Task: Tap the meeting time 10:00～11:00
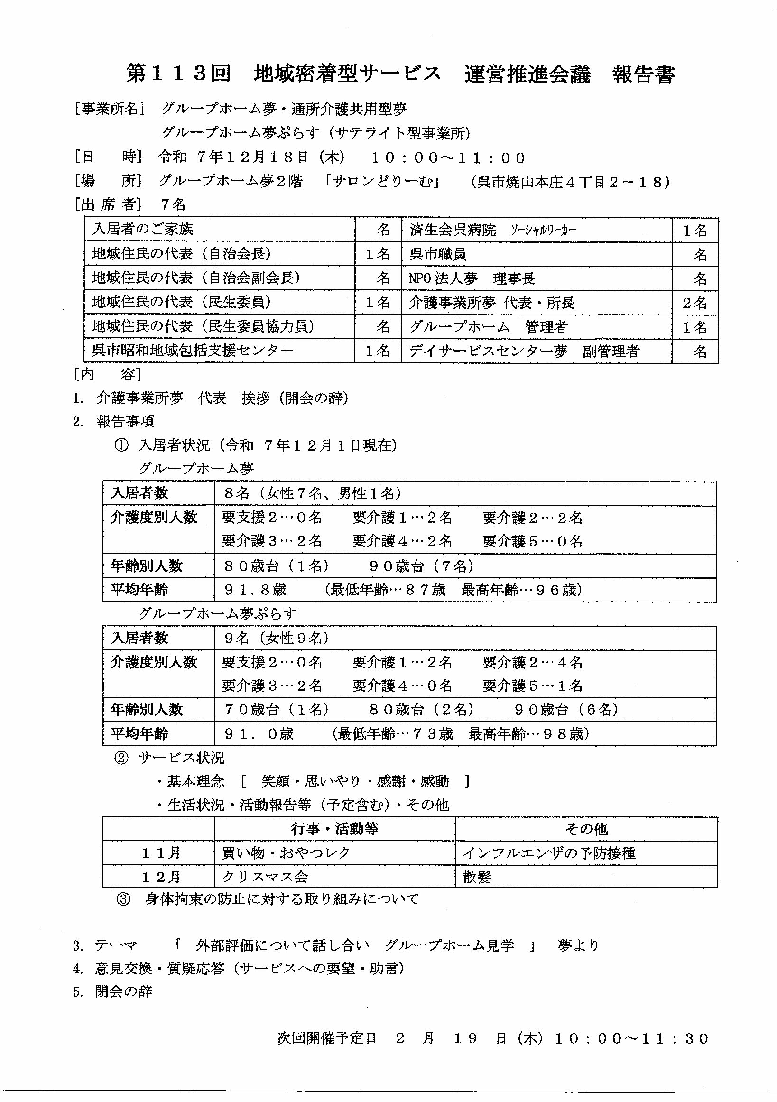[x=449, y=158]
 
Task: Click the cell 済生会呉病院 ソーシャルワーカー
[x=492, y=230]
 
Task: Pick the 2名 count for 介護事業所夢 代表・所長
[x=694, y=303]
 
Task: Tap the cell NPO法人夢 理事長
[x=472, y=278]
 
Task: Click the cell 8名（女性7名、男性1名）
[x=313, y=493]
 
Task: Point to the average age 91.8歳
[x=255, y=589]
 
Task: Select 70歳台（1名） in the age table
[x=277, y=709]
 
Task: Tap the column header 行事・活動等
[x=334, y=829]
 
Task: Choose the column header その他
[x=586, y=829]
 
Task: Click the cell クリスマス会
[x=265, y=877]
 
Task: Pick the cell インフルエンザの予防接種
[x=549, y=853]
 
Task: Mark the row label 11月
[x=161, y=853]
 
